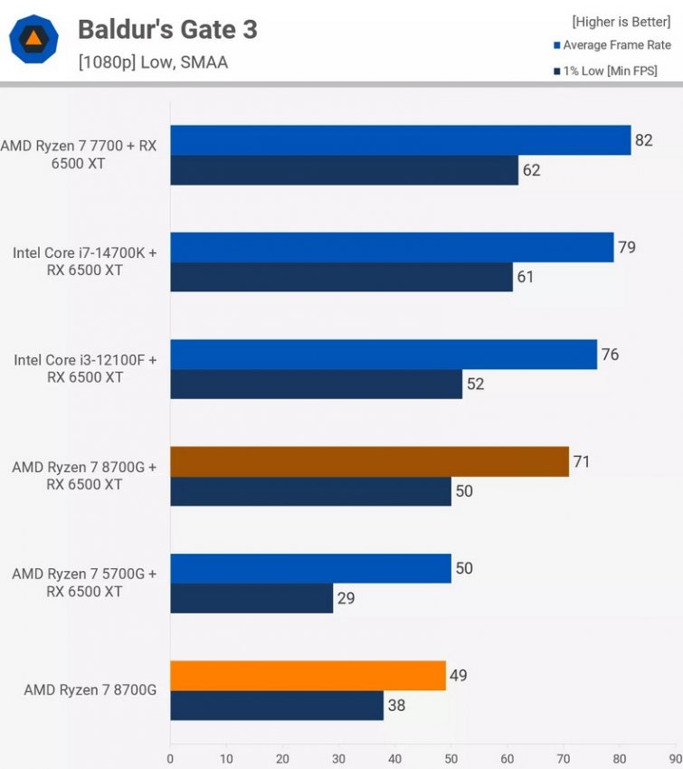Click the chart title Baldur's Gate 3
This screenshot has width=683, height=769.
click(167, 29)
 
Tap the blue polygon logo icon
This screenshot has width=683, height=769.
click(33, 39)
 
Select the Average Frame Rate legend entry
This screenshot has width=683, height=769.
click(612, 45)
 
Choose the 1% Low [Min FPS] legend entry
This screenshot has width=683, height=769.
click(605, 71)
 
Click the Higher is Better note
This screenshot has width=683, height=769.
click(621, 21)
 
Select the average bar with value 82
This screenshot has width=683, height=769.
click(400, 140)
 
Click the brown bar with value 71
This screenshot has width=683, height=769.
click(369, 461)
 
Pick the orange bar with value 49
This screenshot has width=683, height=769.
click(308, 675)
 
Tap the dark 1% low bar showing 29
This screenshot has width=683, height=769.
click(251, 598)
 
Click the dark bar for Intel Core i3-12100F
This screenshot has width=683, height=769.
click(316, 384)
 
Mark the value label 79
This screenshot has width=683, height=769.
click(627, 247)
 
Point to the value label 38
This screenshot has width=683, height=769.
click(397, 705)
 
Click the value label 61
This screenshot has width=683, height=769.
click(526, 277)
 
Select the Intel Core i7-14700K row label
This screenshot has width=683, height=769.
click(85, 261)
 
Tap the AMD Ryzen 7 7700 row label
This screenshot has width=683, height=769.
click(79, 155)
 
